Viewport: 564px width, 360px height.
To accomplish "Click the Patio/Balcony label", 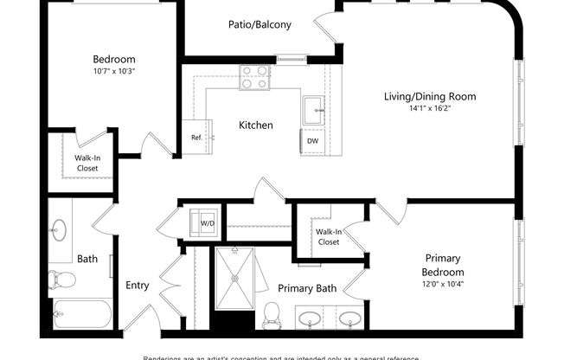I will click(x=260, y=25).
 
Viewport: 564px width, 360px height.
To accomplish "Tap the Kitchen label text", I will click(x=256, y=125).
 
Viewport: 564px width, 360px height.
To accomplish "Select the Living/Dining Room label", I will click(x=430, y=96).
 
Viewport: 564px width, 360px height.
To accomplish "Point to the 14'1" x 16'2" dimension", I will click(x=430, y=110).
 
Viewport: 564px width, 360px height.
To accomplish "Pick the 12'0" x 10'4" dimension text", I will click(x=442, y=285).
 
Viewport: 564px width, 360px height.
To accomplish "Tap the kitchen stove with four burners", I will click(x=255, y=77).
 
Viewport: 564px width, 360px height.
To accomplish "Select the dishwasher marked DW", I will click(x=313, y=141).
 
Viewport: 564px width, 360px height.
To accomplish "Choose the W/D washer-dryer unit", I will click(x=208, y=222).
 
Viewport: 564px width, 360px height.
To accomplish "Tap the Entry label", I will click(x=138, y=285).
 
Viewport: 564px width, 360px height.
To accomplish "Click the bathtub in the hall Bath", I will click(x=81, y=312).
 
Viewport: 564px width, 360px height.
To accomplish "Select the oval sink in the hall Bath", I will click(x=59, y=230).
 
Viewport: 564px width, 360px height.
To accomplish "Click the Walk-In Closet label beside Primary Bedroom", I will click(x=328, y=237).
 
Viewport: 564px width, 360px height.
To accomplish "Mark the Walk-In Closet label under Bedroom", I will click(x=87, y=163).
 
